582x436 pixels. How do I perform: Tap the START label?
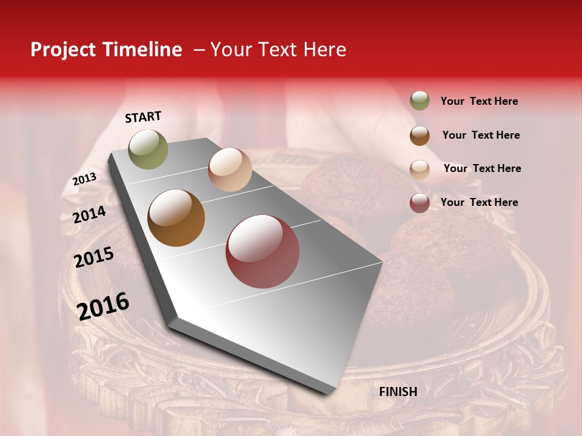point(143,117)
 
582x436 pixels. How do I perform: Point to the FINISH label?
point(398,392)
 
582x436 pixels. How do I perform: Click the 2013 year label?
point(85,179)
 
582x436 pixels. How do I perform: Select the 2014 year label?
point(90,214)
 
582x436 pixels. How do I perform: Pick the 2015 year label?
point(94,257)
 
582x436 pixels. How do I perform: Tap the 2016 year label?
point(104,306)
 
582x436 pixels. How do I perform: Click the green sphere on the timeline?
point(148,149)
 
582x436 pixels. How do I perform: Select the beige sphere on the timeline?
point(230,170)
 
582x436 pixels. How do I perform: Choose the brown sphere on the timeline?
point(176,218)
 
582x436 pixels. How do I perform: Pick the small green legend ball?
point(420,101)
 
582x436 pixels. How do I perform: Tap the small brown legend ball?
point(420,136)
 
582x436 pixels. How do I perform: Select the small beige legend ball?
point(420,170)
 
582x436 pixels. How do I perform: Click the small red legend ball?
point(420,203)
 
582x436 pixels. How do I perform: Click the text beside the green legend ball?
point(479,101)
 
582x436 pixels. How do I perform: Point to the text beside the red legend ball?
point(479,202)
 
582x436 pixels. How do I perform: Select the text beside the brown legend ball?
point(481,135)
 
